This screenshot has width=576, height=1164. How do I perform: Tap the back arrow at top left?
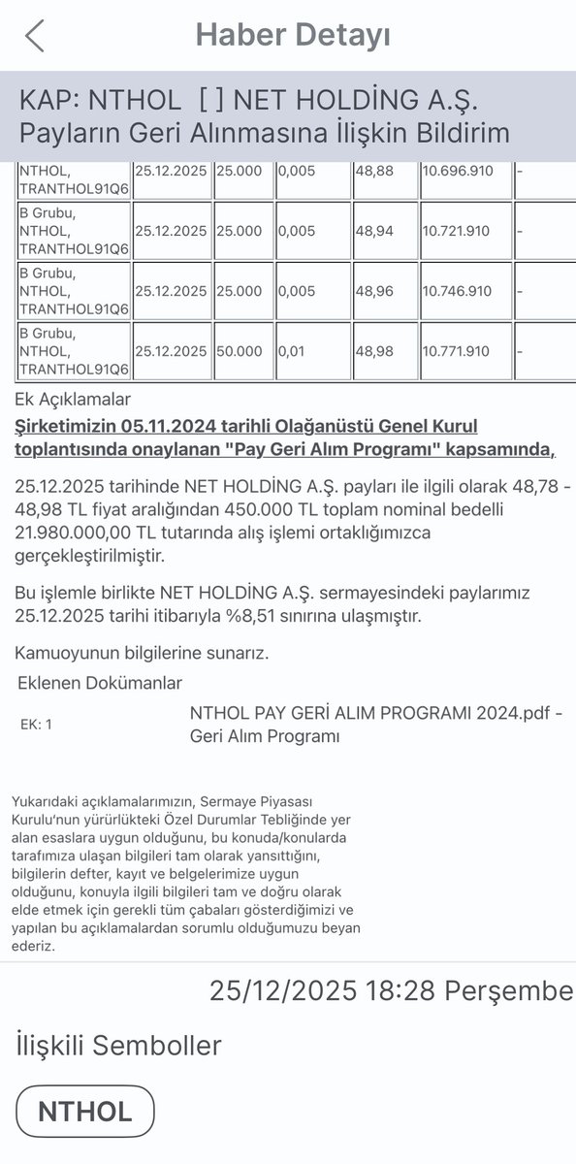coord(35,36)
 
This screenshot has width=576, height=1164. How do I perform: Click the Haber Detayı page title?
coord(293,36)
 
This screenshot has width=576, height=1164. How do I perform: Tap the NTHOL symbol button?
coord(85,1112)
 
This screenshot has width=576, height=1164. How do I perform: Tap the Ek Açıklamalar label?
coord(73,400)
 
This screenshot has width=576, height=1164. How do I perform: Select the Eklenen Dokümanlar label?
coord(100,683)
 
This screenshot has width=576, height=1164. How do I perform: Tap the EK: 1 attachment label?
coord(36,724)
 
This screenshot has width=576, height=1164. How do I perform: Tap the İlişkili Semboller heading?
coord(118,1045)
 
